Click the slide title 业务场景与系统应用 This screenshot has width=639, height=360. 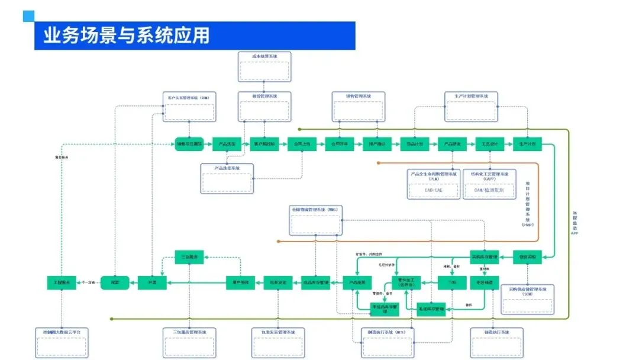[127, 36]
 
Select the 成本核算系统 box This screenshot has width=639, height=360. [264, 67]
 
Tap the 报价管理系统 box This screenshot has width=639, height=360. [264, 107]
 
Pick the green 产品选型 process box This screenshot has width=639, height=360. [227, 144]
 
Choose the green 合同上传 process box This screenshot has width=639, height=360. [302, 144]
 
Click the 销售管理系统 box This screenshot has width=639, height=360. [358, 107]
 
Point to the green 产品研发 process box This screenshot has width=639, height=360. [453, 144]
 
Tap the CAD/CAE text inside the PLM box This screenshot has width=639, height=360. [434, 190]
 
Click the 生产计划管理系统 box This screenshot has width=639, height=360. [471, 107]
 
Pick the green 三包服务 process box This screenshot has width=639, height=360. [189, 256]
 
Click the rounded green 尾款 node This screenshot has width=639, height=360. [115, 283]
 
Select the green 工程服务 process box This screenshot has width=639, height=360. [62, 283]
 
